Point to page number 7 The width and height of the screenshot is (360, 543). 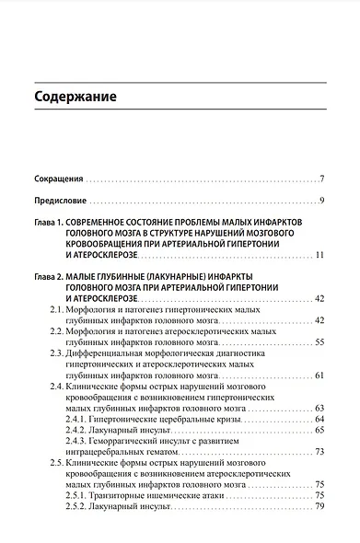(x=321, y=178)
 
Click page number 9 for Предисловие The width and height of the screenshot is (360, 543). (x=321, y=201)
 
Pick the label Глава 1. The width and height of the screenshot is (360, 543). (x=50, y=224)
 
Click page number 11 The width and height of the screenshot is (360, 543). (x=319, y=254)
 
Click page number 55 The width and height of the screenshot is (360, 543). (x=319, y=341)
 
